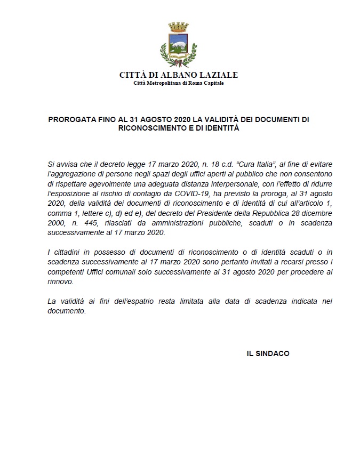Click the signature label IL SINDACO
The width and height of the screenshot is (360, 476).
[268, 353]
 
